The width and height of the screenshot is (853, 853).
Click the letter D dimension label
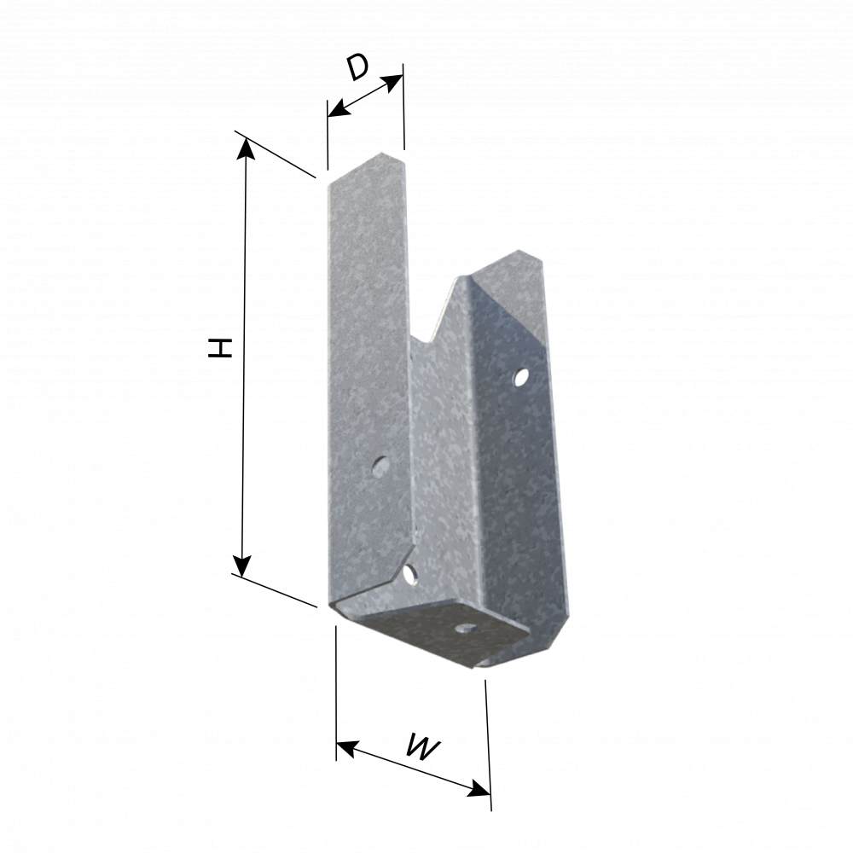tap(358, 67)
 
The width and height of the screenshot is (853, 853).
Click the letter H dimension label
tap(220, 348)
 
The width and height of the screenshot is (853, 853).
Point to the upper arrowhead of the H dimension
tap(247, 148)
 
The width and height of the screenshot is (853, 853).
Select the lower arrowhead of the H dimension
tap(241, 566)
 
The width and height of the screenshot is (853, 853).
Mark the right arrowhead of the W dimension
tap(479, 789)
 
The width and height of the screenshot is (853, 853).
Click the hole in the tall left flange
tap(381, 467)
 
